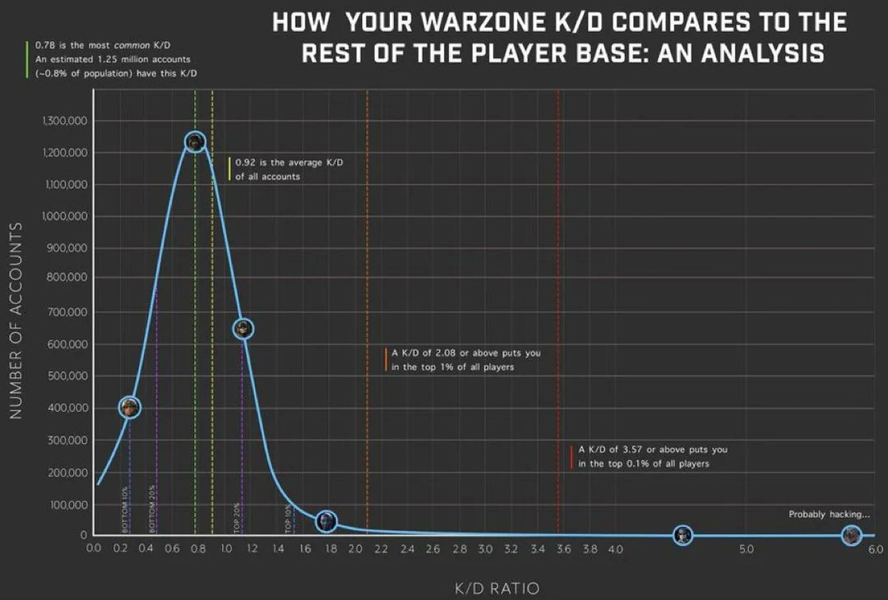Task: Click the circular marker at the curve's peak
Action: pos(195,142)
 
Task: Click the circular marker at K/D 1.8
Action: pos(327,520)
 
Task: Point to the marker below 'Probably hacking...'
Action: pos(851,535)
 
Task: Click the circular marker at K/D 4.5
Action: pos(682,535)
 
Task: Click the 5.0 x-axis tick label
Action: pos(747,549)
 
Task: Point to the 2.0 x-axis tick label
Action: pos(355,549)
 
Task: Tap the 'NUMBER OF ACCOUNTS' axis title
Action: pos(15,320)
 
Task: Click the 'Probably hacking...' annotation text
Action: pos(830,515)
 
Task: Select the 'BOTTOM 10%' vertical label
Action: pos(125,510)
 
